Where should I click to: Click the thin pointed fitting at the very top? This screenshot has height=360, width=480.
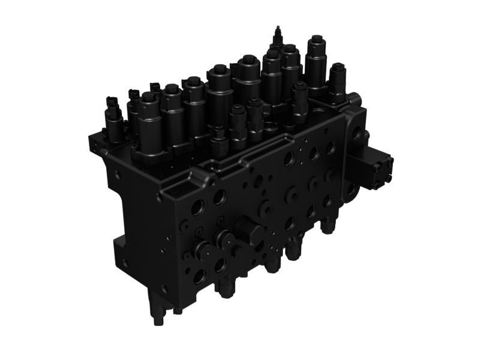click(x=277, y=32)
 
